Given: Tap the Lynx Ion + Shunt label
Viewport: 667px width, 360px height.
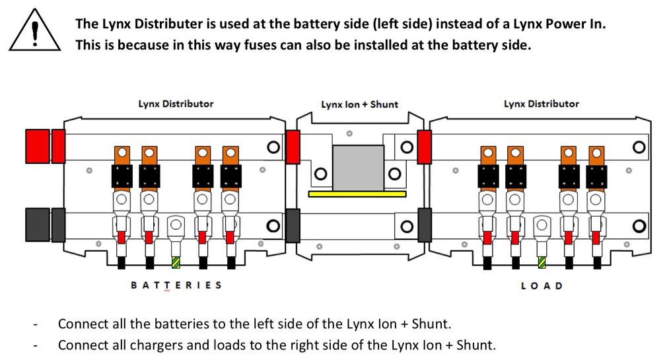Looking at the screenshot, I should [x=359, y=104].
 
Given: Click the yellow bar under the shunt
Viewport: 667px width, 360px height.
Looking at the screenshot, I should [x=357, y=194].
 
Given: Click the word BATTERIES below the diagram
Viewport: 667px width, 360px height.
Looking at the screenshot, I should [x=176, y=285].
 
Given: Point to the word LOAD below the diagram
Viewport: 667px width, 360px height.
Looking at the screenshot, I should [x=542, y=285].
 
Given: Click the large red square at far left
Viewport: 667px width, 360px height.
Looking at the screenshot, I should [x=37, y=145].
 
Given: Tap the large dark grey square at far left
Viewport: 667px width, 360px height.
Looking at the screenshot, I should [x=37, y=224].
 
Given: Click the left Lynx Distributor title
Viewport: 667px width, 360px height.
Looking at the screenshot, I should [x=176, y=104].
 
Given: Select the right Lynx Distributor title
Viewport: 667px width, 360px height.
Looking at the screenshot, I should [x=541, y=104].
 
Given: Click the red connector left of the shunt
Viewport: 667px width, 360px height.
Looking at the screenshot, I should [x=293, y=146].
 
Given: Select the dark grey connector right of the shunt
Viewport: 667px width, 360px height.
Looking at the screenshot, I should [x=425, y=224].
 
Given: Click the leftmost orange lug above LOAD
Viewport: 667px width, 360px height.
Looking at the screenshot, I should [x=488, y=155].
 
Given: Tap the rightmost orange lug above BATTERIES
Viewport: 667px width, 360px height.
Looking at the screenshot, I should [x=230, y=155].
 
